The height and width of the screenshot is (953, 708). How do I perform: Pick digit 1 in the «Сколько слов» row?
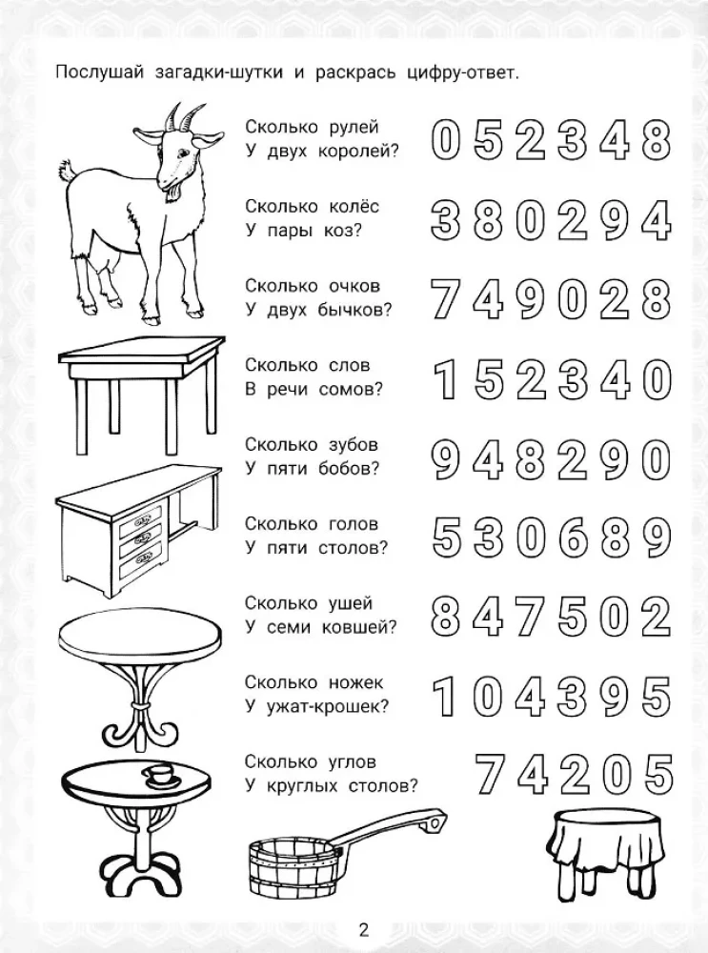446,380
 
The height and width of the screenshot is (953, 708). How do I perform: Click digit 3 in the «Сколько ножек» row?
573,697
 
